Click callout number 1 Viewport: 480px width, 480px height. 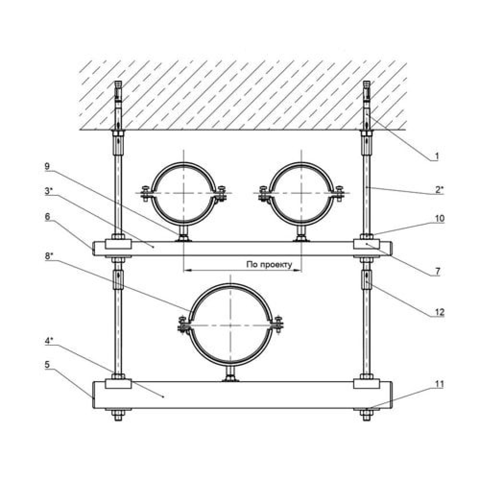437,156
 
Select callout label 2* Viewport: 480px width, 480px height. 439,190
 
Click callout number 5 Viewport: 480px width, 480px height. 47,365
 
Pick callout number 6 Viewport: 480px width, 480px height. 47,216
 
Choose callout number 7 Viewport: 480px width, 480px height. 437,271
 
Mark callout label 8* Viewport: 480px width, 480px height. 48,256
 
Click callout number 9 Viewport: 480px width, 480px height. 47,166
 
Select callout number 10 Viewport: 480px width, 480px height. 439,218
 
